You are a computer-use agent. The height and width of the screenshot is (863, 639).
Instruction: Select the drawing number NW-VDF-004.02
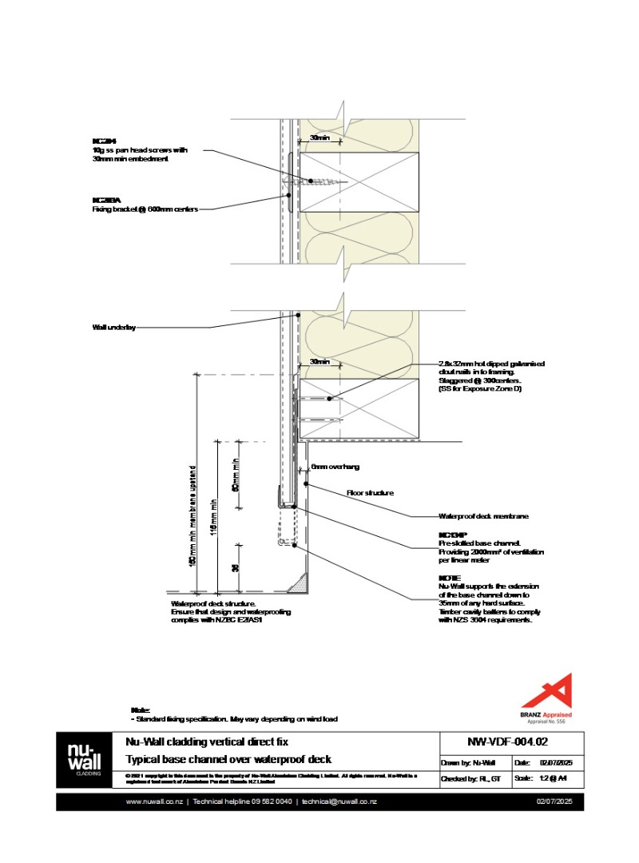pyautogui.click(x=511, y=741)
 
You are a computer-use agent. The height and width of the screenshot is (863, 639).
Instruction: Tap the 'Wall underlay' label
pyautogui.click(x=114, y=328)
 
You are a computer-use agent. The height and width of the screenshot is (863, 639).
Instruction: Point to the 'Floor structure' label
pyautogui.click(x=370, y=493)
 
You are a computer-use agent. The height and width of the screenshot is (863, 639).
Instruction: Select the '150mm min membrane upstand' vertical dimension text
pyautogui.click(x=192, y=518)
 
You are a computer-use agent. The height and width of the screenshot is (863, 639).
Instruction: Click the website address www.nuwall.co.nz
pyautogui.click(x=153, y=801)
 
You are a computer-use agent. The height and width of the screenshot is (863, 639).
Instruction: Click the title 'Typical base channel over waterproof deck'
pyautogui.click(x=228, y=759)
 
